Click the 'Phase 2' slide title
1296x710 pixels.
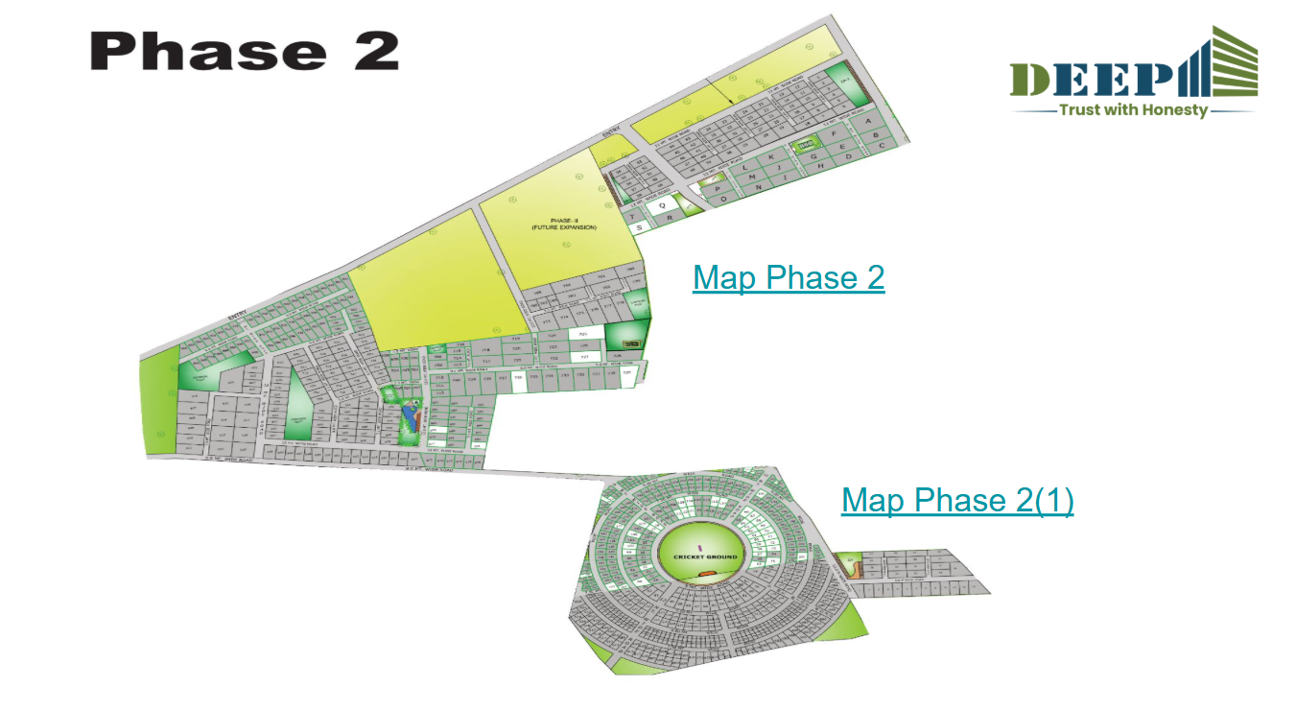(x=244, y=51)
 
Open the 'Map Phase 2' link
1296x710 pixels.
(x=788, y=277)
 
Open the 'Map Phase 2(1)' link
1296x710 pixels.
(x=956, y=500)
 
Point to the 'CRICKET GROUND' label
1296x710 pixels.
(x=705, y=556)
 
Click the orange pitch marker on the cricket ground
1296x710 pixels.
(x=707, y=575)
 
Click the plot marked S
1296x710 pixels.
(x=639, y=227)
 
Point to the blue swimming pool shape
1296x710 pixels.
(x=410, y=415)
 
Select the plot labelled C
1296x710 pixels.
(x=881, y=146)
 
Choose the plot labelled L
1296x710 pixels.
(x=745, y=167)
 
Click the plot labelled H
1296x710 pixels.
(x=822, y=166)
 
